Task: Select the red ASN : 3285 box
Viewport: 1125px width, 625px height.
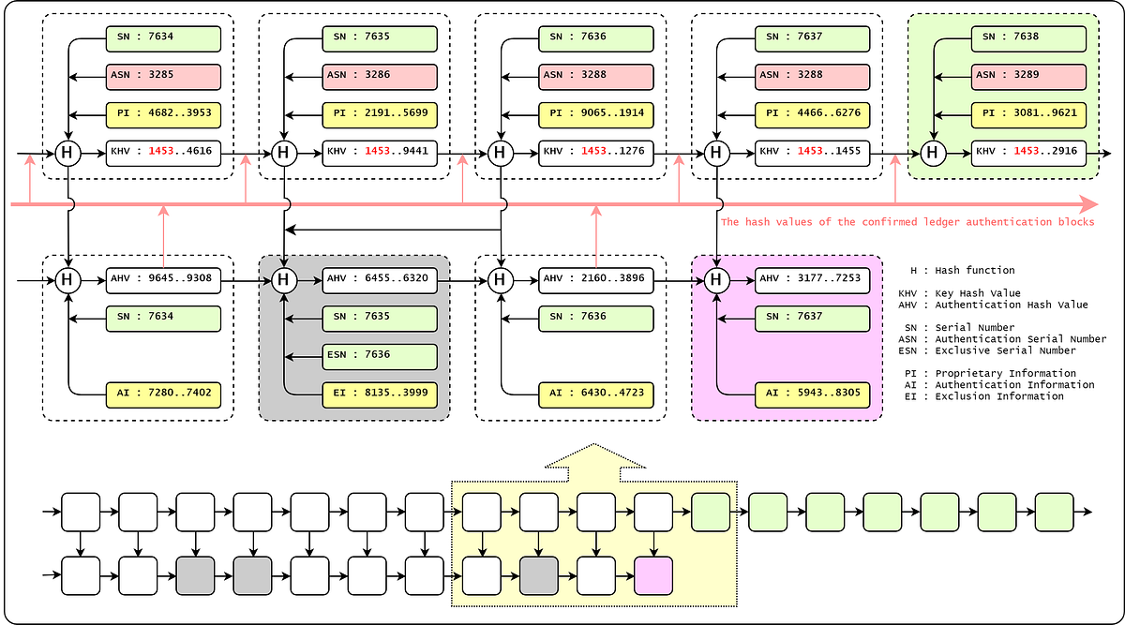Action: click(x=163, y=77)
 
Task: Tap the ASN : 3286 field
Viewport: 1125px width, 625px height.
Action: click(x=380, y=77)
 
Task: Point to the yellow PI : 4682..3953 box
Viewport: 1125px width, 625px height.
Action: click(x=163, y=114)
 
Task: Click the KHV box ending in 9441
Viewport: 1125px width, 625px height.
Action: click(x=380, y=152)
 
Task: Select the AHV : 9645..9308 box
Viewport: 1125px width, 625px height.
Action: click(x=163, y=278)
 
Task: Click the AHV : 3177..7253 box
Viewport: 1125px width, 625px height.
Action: click(x=812, y=278)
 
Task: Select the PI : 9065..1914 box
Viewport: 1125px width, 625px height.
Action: click(x=595, y=114)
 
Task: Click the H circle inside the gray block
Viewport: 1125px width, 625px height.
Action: click(x=283, y=278)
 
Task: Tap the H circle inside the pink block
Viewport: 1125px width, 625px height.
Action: click(x=716, y=278)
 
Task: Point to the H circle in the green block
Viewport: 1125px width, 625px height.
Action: click(x=932, y=152)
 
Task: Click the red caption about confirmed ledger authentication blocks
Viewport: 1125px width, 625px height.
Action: click(x=907, y=222)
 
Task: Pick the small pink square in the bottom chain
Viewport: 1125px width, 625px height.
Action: click(x=653, y=574)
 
